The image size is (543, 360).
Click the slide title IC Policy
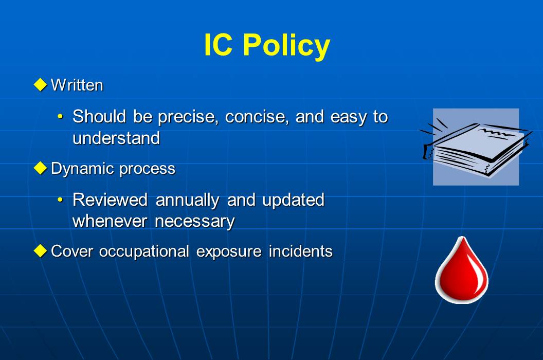coord(266,45)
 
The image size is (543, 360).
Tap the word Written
coord(77,85)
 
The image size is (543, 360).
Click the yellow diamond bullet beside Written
coord(40,84)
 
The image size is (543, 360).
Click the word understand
coord(116,138)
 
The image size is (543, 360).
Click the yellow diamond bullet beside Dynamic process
coord(40,168)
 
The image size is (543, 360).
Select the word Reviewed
coord(111,200)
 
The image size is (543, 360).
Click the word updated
coord(293,200)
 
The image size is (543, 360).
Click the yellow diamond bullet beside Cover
coord(40,251)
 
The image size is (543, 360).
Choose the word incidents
coord(300,251)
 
